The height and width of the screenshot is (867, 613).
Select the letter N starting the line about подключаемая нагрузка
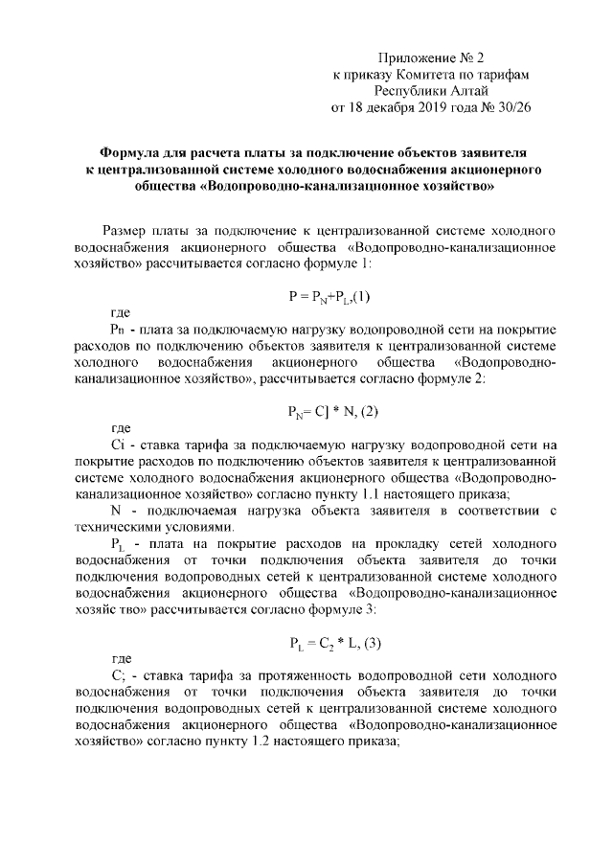coord(116,510)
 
